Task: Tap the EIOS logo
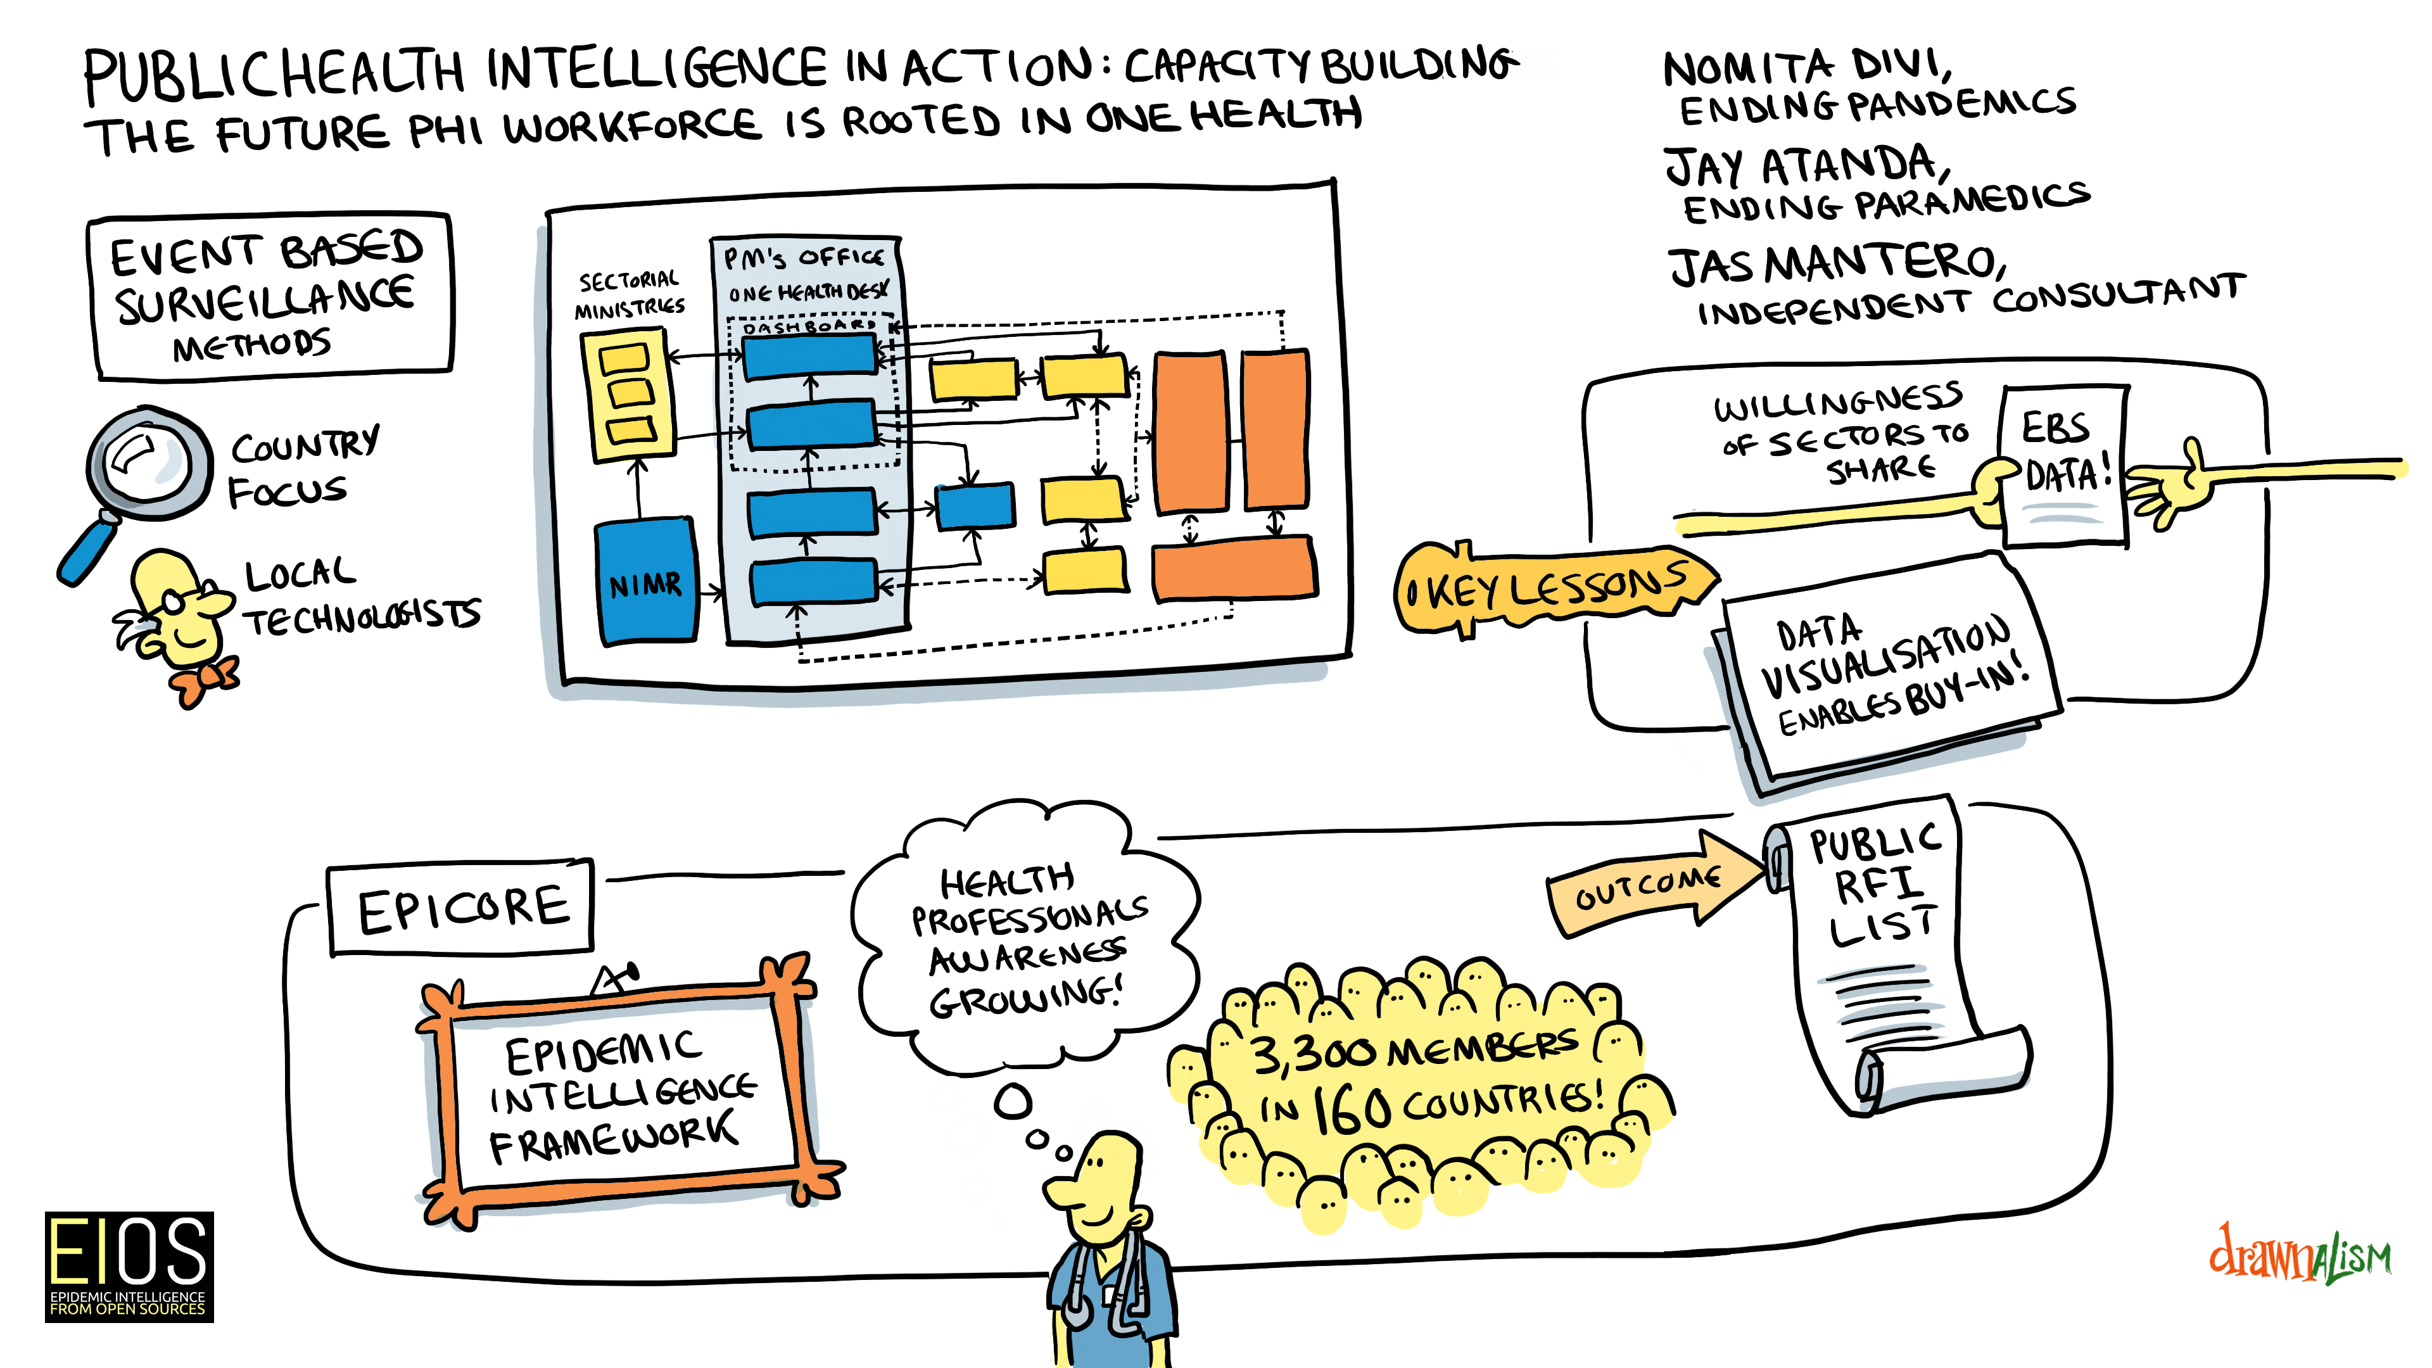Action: point(129,1265)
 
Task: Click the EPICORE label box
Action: point(462,908)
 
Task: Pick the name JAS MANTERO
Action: point(1836,264)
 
